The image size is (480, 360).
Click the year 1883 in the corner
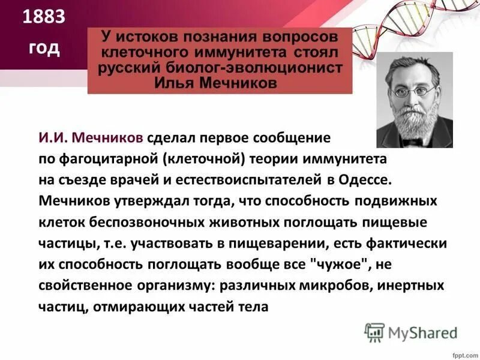[x=43, y=18]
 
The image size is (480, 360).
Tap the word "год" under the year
[x=44, y=47]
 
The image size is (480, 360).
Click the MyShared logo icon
[x=374, y=332]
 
